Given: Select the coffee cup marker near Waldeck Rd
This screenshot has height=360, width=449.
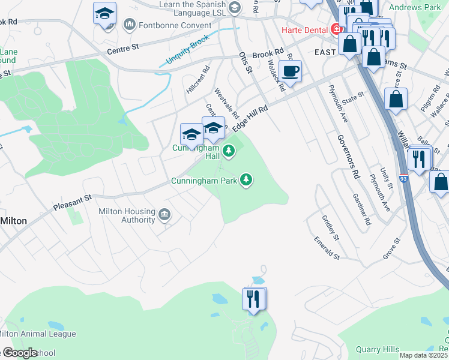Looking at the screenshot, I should [291, 71].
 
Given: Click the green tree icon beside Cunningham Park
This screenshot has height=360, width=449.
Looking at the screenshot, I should [246, 179].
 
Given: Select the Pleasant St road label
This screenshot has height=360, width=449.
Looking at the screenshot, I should [72, 201].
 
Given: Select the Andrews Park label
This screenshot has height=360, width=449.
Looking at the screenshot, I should [415, 7].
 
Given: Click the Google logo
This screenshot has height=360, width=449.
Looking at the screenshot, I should [19, 353].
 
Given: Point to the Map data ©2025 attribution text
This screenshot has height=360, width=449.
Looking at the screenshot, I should [423, 355].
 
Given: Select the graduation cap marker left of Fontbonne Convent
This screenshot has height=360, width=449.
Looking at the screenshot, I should [105, 14].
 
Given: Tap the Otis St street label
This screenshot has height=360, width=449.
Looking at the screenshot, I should [244, 62].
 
